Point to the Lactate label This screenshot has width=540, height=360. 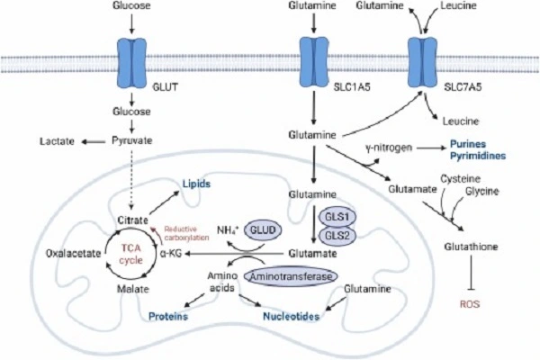(55, 141)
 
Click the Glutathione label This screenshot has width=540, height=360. (469, 245)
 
